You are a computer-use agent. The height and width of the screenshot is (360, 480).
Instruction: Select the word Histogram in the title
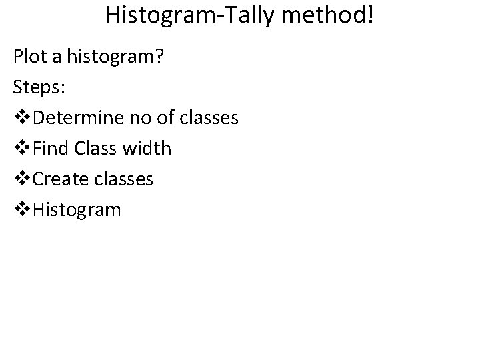pos(158,15)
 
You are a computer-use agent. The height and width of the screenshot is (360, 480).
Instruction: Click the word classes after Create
pos(123,179)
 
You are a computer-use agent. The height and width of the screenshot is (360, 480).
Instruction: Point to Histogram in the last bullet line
pos(77,210)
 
